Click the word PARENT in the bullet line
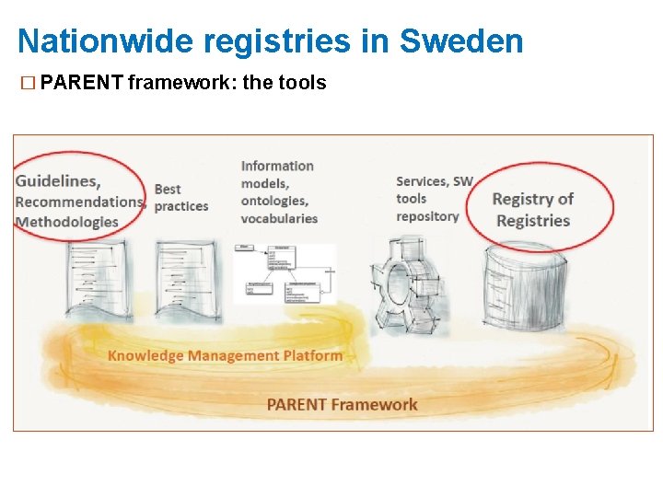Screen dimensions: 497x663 pos(82,83)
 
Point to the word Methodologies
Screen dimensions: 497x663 pos(67,222)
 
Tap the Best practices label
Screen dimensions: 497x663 pos(180,198)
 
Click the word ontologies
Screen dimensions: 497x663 pos(273,201)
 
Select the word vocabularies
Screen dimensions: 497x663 pos(279,218)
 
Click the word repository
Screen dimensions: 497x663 pos(427,216)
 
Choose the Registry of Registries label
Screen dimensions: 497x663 pos(532,210)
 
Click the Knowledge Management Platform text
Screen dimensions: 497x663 pos(225,355)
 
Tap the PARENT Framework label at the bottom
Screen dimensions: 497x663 pos(342,404)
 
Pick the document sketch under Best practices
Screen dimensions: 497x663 pos(186,279)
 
